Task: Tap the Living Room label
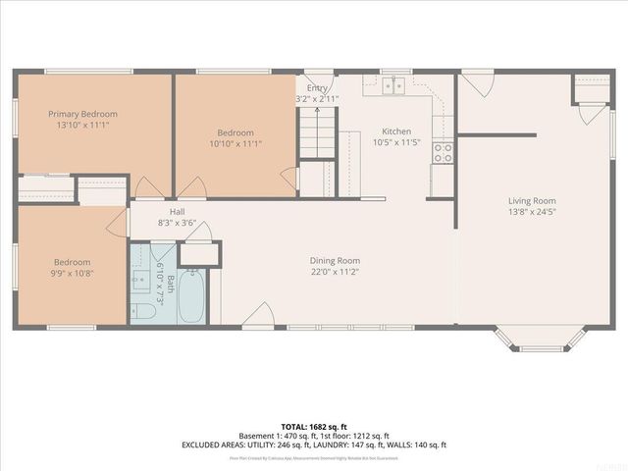click(x=532, y=201)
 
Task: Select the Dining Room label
click(x=336, y=260)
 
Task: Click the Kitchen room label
click(x=396, y=131)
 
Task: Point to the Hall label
click(x=177, y=211)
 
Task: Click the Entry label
click(x=317, y=88)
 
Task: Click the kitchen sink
click(x=394, y=85)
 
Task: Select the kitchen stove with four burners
click(x=443, y=152)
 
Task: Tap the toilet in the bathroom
click(x=143, y=312)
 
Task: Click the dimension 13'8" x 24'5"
click(x=532, y=212)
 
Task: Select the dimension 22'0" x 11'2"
click(x=336, y=272)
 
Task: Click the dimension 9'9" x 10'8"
click(x=73, y=274)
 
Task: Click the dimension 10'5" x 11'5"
click(x=396, y=143)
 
